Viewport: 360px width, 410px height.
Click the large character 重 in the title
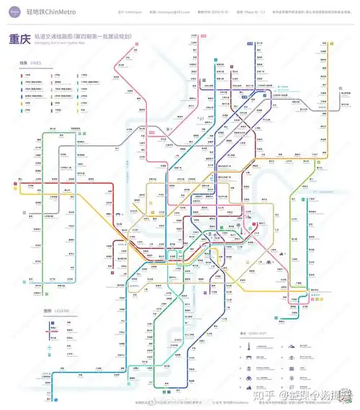pos(15,40)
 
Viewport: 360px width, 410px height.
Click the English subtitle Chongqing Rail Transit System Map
pos(66,43)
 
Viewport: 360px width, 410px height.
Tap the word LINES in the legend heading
pos(36,63)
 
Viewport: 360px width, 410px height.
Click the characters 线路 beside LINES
pos(24,63)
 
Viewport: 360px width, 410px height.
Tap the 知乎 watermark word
pos(267,394)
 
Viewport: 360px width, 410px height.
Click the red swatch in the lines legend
pos(22,74)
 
